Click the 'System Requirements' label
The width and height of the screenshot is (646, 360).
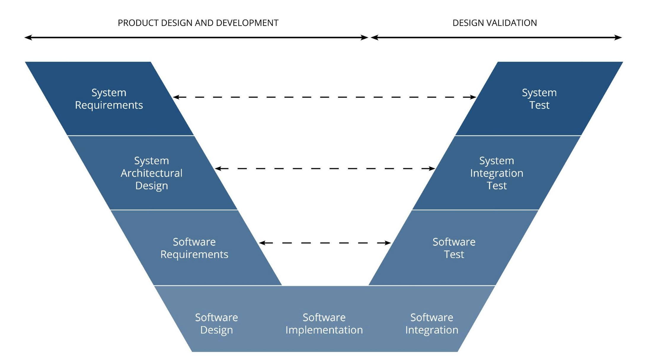coord(109,99)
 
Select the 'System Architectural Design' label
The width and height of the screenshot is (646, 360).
coord(151,173)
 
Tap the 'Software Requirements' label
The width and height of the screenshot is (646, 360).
coord(194,248)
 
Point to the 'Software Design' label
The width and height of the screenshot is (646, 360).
coord(216,324)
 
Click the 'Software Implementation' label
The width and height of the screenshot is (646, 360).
coord(324,324)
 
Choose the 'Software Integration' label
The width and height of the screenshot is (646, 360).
coord(431,324)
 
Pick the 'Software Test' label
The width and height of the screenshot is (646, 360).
coord(454,248)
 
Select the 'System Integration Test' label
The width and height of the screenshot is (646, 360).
coord(496,173)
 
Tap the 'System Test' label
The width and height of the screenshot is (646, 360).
coord(539,99)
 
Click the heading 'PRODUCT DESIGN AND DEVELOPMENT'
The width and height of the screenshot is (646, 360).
coord(198,23)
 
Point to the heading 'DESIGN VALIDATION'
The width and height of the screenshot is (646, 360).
coord(495,23)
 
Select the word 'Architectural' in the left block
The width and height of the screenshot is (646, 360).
coord(151,173)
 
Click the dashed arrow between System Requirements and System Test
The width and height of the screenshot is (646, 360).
coord(324,97)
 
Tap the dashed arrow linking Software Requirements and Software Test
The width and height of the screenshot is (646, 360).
coord(325,243)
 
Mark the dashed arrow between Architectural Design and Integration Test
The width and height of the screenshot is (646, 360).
coord(325,168)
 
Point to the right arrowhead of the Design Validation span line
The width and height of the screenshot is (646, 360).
coord(618,37)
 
